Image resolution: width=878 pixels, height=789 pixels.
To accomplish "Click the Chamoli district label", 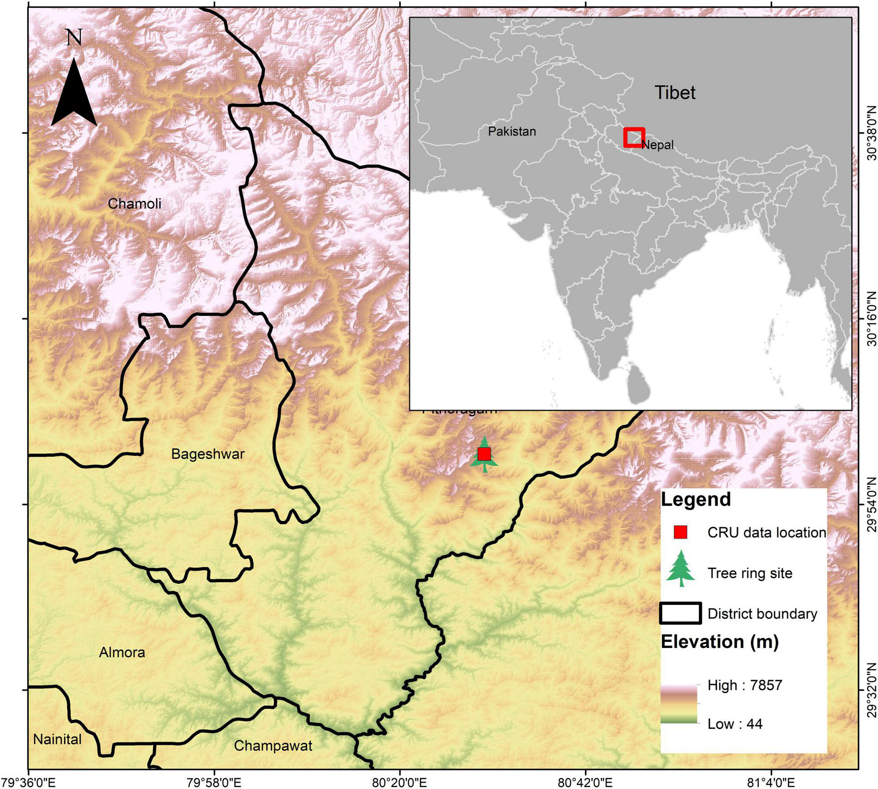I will coord(134,203).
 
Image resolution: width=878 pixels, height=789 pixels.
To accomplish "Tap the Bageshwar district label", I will coord(208,454).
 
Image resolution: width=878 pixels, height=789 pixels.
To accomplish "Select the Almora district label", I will coord(122,652).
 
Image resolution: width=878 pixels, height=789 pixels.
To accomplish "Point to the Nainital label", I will coord(57,739).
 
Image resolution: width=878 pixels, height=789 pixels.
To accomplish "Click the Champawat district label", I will coord(273,745).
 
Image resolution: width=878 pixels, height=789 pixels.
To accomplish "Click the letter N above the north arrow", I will coord(74,38).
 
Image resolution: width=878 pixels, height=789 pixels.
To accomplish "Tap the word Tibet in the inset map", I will coord(675,92).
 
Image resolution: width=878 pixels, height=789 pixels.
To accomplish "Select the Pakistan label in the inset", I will coord(512,131).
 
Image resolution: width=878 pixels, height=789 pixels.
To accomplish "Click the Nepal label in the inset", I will coord(657,145).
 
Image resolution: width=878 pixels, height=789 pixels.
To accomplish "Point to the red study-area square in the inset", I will coord(634,137).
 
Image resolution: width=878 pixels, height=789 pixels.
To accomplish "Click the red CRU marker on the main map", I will coord(484,454).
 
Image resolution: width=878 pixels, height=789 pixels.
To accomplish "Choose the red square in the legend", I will coord(680,532).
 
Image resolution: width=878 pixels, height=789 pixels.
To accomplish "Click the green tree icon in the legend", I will coord(680,569).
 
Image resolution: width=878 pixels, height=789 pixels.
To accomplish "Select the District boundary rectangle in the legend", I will coord(680,613).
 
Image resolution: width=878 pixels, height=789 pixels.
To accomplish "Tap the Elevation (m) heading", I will coord(719,641).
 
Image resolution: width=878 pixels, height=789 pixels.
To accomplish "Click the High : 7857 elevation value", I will coord(745,685).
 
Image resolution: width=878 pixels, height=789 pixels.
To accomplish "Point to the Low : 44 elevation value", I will coord(735,724).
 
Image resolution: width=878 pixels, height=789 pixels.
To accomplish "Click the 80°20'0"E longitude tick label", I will coord(400,782).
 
